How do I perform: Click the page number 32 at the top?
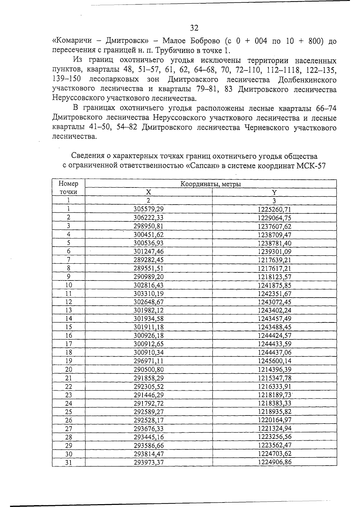coord(194,28)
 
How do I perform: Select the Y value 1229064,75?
coord(274,218)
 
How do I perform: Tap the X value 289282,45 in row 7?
coord(148,260)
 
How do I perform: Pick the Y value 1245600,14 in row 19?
coord(274,361)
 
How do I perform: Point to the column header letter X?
coord(148,192)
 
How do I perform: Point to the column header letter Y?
coord(274,192)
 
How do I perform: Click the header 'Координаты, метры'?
coord(211,184)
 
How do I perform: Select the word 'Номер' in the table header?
coord(68,184)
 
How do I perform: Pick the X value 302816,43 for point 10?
coord(148,285)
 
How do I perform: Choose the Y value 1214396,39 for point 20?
coord(274,369)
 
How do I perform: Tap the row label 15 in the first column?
coord(69,327)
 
